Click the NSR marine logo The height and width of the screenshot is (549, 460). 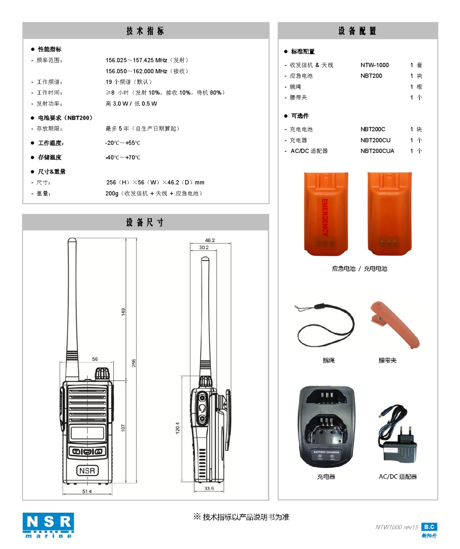tap(48, 525)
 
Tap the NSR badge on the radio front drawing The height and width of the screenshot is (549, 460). tap(88, 470)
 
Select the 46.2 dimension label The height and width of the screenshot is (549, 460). tap(210, 240)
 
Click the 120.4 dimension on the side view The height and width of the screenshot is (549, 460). tap(178, 428)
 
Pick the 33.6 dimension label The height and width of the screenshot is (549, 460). tap(209, 488)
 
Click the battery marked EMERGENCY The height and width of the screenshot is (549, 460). tap(326, 214)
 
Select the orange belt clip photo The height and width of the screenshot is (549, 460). tap(394, 325)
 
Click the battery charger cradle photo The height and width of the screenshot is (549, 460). tap(326, 426)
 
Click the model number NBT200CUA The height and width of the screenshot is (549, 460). tap(377, 151)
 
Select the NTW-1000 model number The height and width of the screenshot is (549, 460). tap(374, 65)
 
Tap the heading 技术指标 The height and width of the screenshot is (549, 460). tap(145, 31)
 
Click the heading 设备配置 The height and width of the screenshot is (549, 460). tap(357, 31)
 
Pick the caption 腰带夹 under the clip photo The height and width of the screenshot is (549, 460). tap(387, 360)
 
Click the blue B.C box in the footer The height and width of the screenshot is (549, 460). tap(429, 527)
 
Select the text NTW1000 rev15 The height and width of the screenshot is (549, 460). tap(397, 527)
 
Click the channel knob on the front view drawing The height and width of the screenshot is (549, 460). tap(102, 374)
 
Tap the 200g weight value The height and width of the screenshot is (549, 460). tap(112, 194)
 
